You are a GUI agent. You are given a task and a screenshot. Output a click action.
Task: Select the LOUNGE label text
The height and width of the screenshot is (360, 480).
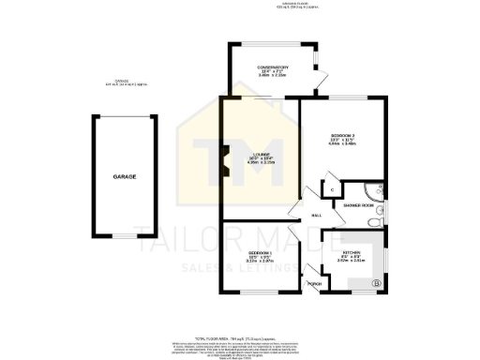point(260,155)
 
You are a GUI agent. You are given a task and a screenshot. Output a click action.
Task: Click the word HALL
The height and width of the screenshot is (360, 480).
point(317,215)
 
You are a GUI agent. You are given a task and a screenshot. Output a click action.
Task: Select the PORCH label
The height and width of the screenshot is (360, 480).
point(315,283)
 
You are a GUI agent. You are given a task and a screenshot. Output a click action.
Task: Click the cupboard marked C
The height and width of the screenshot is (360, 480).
point(333,189)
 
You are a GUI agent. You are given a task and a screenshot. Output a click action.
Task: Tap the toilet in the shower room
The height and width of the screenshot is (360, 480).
point(375,221)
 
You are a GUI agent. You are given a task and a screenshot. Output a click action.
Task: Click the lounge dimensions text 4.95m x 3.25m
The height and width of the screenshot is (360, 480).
point(260,165)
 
